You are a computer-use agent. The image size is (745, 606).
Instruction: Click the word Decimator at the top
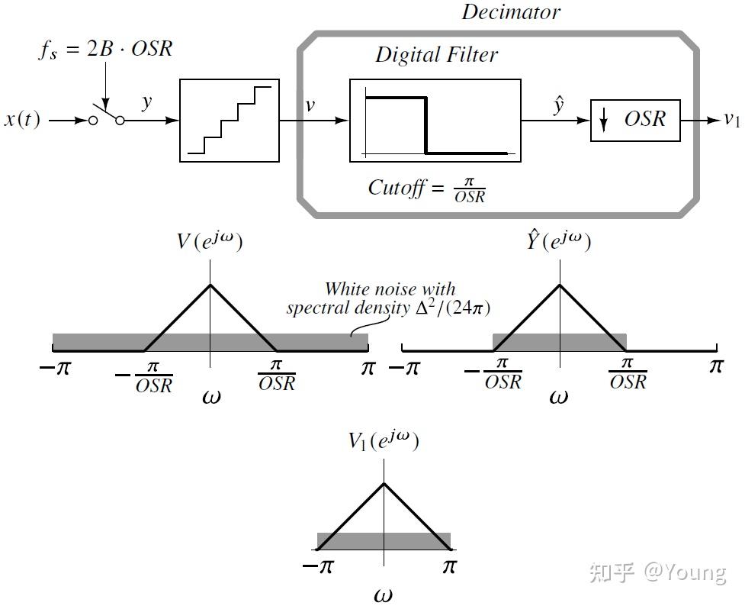click(511, 11)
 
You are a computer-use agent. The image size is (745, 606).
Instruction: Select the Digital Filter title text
click(436, 55)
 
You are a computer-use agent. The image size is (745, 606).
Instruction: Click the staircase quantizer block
click(229, 120)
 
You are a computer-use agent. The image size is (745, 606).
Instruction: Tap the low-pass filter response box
click(435, 120)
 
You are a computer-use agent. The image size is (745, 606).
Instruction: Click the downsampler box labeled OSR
click(635, 120)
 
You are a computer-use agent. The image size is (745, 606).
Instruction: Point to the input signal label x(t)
click(22, 120)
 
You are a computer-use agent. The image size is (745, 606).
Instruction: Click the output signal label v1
click(731, 119)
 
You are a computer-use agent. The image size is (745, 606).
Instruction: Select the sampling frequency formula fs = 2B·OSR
click(106, 50)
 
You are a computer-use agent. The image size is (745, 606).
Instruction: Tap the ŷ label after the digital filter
click(558, 105)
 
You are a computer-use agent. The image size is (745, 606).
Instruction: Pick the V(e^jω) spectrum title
click(210, 243)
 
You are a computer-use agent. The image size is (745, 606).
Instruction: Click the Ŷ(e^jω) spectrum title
click(559, 242)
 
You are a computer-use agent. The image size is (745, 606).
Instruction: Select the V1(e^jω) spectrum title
click(384, 441)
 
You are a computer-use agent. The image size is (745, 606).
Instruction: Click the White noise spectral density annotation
click(389, 299)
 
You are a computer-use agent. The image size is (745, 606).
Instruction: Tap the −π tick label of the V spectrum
click(54, 368)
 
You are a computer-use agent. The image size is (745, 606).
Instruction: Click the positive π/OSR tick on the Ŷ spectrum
click(627, 373)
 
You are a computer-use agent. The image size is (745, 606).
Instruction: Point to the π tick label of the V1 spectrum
click(449, 567)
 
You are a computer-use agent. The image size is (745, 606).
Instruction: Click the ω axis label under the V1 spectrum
click(383, 595)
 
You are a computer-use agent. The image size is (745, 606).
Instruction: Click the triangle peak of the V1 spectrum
click(384, 483)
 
